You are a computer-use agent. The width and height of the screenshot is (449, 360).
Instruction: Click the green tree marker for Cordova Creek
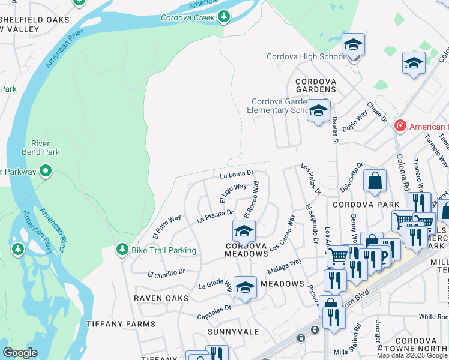[224, 16]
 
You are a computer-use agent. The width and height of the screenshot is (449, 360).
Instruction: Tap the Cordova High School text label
[306, 57]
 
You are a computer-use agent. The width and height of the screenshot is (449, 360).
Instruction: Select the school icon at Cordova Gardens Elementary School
[318, 110]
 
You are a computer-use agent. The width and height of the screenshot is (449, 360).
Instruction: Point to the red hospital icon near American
[399, 126]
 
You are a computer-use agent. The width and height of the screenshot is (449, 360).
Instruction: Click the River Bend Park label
[45, 148]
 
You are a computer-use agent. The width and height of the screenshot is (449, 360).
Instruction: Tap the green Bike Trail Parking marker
[122, 249]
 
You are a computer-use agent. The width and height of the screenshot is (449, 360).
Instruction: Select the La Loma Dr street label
[237, 175]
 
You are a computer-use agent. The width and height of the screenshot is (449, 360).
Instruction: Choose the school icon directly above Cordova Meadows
[244, 231]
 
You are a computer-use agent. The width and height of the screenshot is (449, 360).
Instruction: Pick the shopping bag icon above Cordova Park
[375, 180]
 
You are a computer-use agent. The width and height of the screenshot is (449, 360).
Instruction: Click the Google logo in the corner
[20, 353]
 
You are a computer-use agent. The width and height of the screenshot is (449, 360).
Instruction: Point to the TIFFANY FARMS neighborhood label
[121, 324]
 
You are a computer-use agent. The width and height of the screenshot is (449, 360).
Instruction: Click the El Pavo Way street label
[167, 224]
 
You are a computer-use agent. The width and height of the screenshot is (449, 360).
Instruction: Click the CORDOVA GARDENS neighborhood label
[315, 85]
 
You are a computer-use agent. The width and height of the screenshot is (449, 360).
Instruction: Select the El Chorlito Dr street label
[166, 273]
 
